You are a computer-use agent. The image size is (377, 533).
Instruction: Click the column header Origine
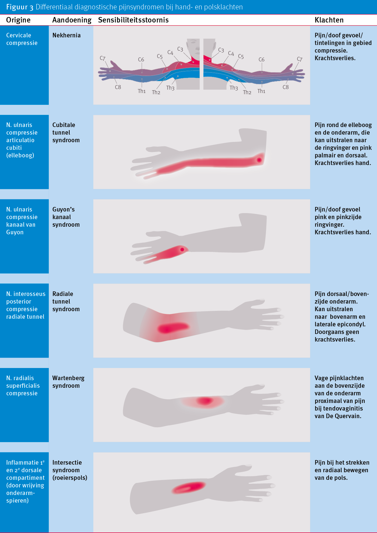pos(18,20)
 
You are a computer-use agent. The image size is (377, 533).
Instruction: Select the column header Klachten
pos(329,20)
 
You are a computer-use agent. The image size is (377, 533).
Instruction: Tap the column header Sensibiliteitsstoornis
pos(133,20)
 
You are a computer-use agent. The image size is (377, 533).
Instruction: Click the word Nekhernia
pos(66,35)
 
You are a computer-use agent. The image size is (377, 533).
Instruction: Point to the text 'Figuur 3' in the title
pos(19,7)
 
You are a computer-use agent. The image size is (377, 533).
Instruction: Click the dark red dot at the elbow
pos(259,160)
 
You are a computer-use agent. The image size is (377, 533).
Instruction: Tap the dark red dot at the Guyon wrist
pos(182,249)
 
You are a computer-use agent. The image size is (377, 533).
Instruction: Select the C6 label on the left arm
pos(141,60)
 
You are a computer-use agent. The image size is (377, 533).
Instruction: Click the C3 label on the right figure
pos(221,50)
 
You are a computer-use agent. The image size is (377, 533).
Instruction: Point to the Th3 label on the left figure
pos(170,88)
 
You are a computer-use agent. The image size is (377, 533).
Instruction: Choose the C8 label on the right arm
pos(285,87)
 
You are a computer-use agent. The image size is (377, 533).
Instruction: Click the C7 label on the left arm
pos(102,58)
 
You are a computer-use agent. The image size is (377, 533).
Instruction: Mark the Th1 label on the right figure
pos(261,91)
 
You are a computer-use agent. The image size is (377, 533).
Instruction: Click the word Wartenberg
pos(68,378)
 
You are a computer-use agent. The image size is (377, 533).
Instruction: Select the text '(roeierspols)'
pos(70,478)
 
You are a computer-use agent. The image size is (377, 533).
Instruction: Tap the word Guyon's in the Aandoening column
pos(63,209)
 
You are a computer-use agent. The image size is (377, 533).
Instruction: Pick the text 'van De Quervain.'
pos(338,416)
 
